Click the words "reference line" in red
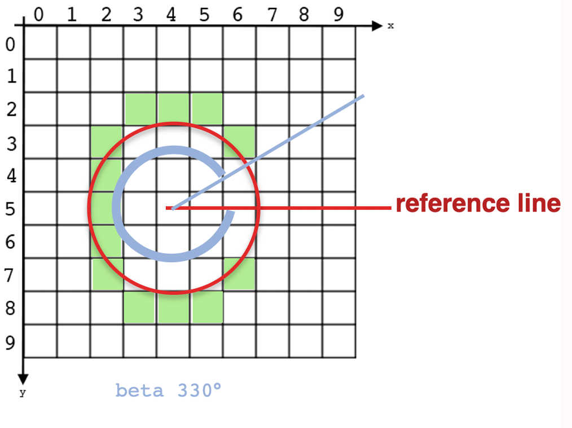(478, 204)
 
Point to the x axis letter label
(390, 26)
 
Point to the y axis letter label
(23, 394)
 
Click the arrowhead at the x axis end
(377, 25)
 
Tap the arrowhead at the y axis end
(23, 377)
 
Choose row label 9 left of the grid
(10, 342)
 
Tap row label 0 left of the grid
(10, 43)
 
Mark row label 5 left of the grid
(10, 209)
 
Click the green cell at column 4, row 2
(173, 109)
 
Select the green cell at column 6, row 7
(240, 274)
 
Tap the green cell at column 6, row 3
(240, 141)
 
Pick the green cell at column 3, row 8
(140, 308)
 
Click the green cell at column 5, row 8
(206, 308)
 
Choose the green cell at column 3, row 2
(140, 109)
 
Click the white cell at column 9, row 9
(339, 341)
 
